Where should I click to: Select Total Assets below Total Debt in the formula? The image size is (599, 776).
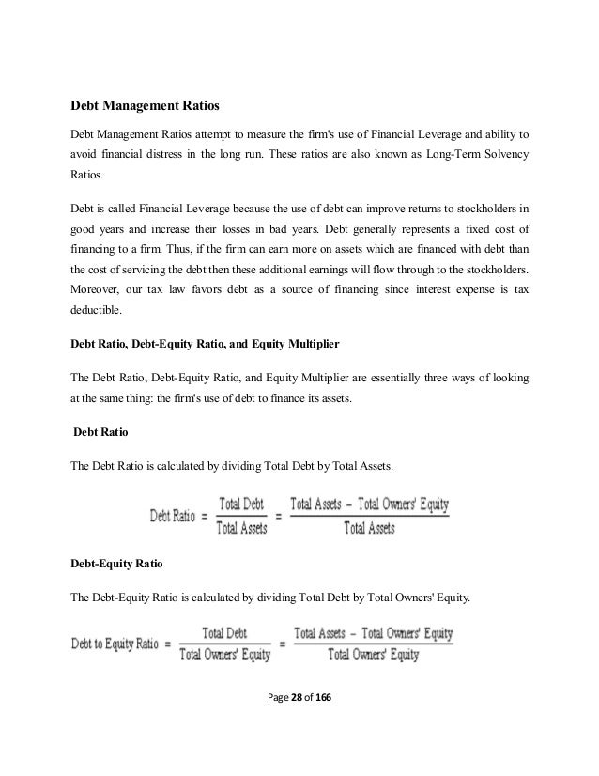pyautogui.click(x=241, y=528)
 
